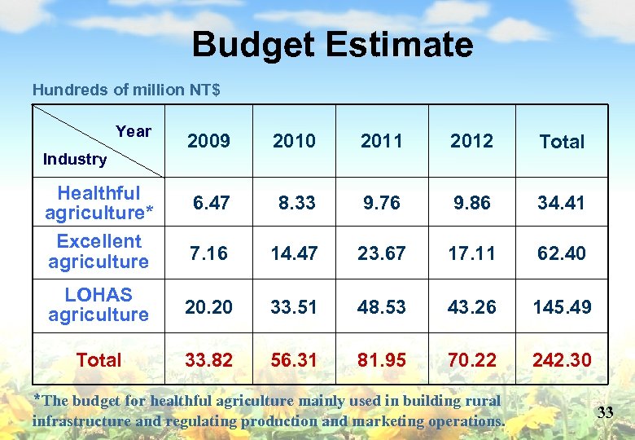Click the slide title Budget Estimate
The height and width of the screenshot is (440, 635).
332,45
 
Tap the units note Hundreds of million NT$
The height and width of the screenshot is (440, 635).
126,90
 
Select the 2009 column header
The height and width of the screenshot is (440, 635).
208,141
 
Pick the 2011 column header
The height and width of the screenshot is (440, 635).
381,141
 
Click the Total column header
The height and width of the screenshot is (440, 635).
562,142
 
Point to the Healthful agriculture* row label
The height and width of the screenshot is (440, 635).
99,203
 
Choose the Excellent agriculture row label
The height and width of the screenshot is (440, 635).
99,252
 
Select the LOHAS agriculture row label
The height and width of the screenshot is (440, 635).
99,305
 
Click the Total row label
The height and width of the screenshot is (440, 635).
99,359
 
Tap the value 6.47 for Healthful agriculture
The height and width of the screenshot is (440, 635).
211,202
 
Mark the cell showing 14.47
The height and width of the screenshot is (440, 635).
294,253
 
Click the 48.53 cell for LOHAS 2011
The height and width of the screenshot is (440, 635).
381,306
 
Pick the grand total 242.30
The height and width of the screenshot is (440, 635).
562,359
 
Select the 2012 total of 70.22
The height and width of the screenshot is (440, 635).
472,359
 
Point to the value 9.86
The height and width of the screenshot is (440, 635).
472,202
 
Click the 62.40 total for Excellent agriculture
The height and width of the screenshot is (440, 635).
562,253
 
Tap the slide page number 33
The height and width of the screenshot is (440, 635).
605,412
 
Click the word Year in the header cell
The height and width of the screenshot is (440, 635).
134,131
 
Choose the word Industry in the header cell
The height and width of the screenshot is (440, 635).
74,160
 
